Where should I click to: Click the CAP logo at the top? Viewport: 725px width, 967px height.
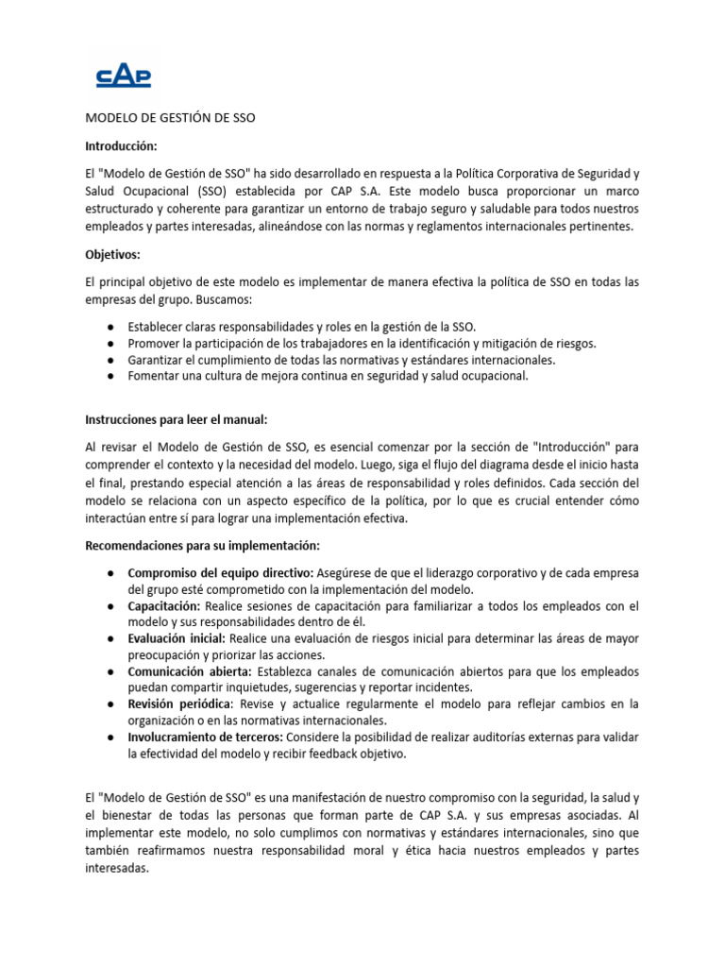pos(125,75)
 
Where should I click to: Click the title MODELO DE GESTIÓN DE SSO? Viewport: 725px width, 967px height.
pos(170,119)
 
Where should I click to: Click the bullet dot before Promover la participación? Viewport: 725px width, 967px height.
pos(111,344)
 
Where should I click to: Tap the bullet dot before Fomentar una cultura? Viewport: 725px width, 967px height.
pos(111,376)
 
